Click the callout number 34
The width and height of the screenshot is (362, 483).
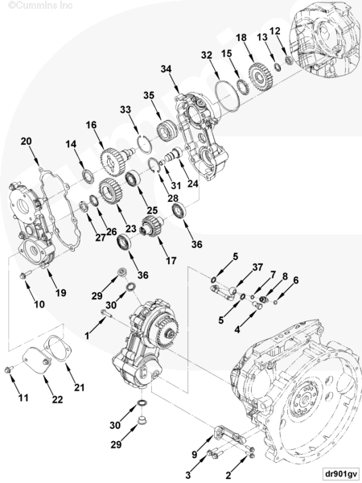coord(167,69)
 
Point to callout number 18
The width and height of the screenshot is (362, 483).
coord(241,38)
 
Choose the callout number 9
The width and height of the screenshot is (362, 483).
coord(194,453)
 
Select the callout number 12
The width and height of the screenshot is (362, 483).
coord(275,30)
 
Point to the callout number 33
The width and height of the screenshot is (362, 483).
coord(125,109)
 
